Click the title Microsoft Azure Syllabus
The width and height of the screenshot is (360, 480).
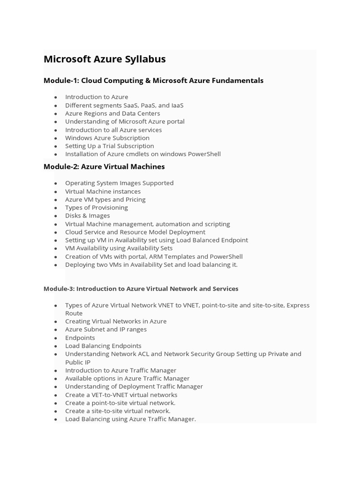pyautogui.click(x=105, y=60)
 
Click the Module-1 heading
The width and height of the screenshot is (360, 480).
pyautogui.click(x=153, y=81)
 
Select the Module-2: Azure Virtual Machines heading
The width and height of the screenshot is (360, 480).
pyautogui.click(x=104, y=166)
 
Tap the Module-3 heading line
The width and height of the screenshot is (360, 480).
pyautogui.click(x=141, y=289)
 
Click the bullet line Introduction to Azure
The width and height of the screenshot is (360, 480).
pyautogui.click(x=97, y=97)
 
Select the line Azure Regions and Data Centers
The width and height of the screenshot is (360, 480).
pyautogui.click(x=112, y=113)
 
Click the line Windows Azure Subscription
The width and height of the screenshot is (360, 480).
pyautogui.click(x=107, y=138)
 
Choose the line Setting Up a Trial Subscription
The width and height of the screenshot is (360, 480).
pyautogui.click(x=110, y=146)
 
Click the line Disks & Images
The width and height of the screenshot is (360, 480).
pyautogui.click(x=88, y=216)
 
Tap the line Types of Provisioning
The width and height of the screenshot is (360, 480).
pyautogui.click(x=97, y=208)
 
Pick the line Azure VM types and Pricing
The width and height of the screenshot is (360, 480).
pyautogui.click(x=105, y=200)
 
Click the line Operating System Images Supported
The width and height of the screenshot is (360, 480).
pyautogui.click(x=120, y=183)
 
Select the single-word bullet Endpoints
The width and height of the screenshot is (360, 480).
pyautogui.click(x=80, y=337)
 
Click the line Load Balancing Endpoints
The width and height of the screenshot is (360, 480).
pyautogui.click(x=103, y=346)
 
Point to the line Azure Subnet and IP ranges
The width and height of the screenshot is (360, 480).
pyautogui.click(x=106, y=330)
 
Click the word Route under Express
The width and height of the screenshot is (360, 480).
pyautogui.click(x=74, y=313)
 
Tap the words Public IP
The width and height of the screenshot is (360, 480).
pyautogui.click(x=78, y=362)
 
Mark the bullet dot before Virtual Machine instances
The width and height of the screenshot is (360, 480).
pyautogui.click(x=56, y=192)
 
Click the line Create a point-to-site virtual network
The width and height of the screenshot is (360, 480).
pyautogui.click(x=120, y=403)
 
